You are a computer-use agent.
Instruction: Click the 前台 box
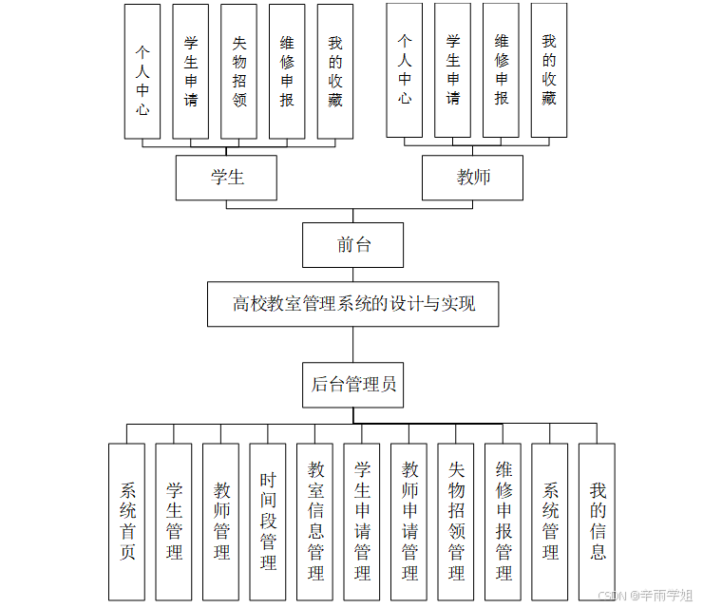[x=352, y=245]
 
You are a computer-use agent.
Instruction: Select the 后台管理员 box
[x=352, y=385]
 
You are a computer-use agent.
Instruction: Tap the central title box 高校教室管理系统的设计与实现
[x=352, y=304]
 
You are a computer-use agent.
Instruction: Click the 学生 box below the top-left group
[x=226, y=178]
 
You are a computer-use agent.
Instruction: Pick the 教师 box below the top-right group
[x=472, y=178]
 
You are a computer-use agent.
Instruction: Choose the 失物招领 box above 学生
[x=238, y=71]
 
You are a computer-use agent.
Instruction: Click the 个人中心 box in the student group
[x=142, y=71]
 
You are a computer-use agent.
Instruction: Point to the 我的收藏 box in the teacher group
[x=548, y=70]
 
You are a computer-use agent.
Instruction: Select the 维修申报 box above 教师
[x=501, y=70]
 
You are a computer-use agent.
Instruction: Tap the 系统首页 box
[x=126, y=522]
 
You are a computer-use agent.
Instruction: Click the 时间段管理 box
[x=268, y=522]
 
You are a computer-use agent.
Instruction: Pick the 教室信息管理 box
[x=315, y=522]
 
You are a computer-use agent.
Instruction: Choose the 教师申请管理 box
[x=409, y=522]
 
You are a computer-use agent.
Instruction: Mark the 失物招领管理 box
[x=456, y=522]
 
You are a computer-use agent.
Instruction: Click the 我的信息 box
[x=597, y=522]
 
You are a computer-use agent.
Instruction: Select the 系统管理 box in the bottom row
[x=550, y=522]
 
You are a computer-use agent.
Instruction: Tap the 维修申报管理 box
[x=503, y=522]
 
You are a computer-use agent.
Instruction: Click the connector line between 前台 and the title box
[x=352, y=275]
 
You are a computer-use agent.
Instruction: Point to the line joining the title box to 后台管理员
[x=352, y=345]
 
